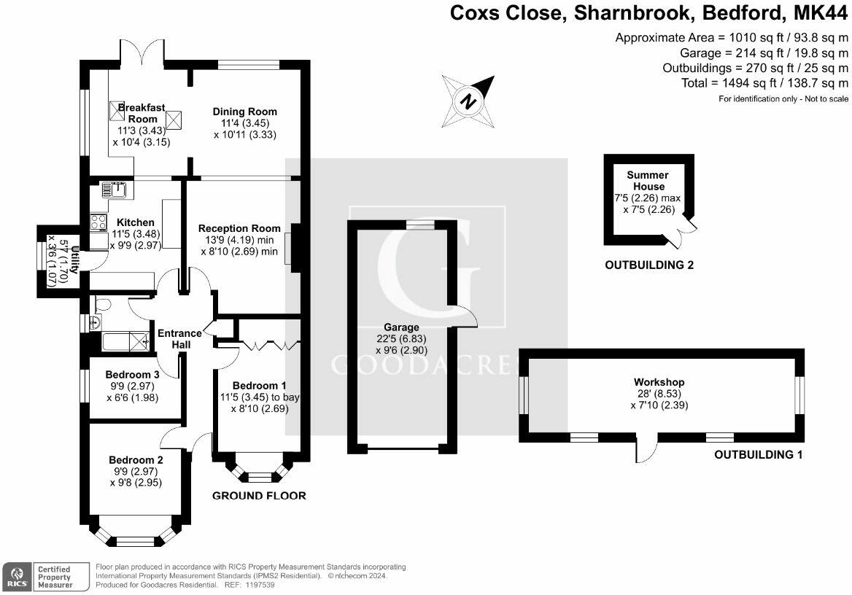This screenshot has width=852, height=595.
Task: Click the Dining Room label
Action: click(244, 112)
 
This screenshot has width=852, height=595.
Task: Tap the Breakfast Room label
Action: click(142, 113)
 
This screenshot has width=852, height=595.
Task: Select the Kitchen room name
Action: click(135, 222)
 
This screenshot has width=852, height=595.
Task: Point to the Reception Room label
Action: click(239, 228)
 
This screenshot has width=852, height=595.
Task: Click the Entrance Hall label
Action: click(180, 338)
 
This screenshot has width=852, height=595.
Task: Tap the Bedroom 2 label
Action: click(136, 459)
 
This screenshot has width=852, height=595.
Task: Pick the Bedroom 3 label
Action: click(132, 374)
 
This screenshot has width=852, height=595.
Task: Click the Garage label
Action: click(401, 327)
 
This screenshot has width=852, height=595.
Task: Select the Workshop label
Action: click(659, 382)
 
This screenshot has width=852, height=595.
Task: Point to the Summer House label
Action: click(648, 180)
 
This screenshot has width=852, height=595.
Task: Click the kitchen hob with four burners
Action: click(98, 222)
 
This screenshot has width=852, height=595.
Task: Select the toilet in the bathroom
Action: click(102, 304)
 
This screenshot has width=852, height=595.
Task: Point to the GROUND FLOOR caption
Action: click(259, 496)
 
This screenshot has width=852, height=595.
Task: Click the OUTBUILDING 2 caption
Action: click(649, 265)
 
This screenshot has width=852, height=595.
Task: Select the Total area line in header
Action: click(764, 83)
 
